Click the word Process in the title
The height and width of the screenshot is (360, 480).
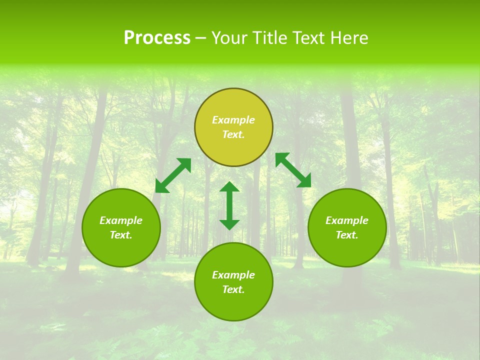pyautogui.click(x=157, y=38)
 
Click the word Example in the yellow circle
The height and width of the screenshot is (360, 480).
pyautogui.click(x=233, y=120)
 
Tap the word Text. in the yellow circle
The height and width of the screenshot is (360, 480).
pyautogui.click(x=233, y=134)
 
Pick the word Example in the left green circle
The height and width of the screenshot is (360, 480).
pyautogui.click(x=121, y=220)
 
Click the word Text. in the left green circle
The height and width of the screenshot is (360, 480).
pyautogui.click(x=121, y=235)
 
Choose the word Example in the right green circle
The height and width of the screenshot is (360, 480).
pyautogui.click(x=347, y=220)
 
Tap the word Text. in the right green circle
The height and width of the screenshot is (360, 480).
pyautogui.click(x=347, y=235)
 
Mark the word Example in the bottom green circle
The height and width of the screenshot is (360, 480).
pyautogui.click(x=233, y=275)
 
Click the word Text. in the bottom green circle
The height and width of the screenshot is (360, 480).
pyautogui.click(x=233, y=289)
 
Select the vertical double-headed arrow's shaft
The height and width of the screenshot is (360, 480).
pyautogui.click(x=229, y=205)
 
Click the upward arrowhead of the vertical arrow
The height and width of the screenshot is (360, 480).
pyautogui.click(x=229, y=187)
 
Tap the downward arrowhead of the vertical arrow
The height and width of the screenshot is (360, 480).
pyautogui.click(x=229, y=224)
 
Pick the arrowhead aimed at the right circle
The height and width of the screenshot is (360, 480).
pyautogui.click(x=304, y=181)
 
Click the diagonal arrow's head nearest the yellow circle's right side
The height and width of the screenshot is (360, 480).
pyautogui.click(x=282, y=159)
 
